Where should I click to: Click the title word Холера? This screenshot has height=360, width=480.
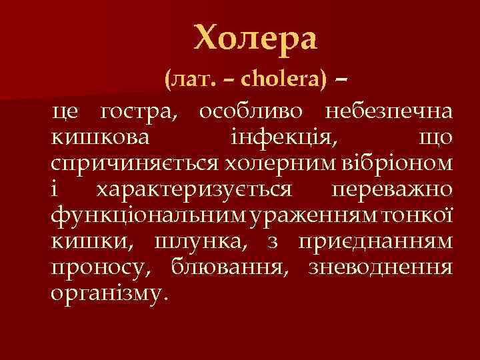[x=256, y=39]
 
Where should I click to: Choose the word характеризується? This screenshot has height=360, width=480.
[x=194, y=189]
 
